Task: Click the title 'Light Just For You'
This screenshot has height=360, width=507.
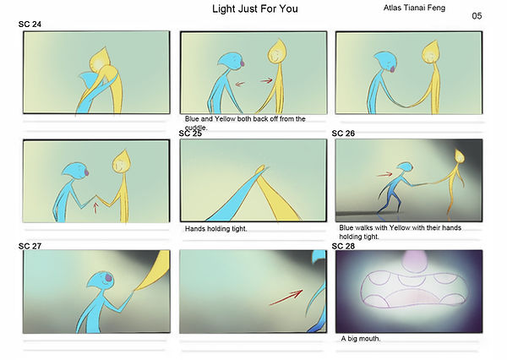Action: pyautogui.click(x=255, y=8)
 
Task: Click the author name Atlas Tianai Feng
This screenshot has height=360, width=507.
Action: pyautogui.click(x=414, y=8)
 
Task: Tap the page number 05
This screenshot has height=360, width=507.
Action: pyautogui.click(x=477, y=16)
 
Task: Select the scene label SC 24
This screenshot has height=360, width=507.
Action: pyautogui.click(x=30, y=25)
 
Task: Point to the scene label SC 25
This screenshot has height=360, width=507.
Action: pyautogui.click(x=190, y=134)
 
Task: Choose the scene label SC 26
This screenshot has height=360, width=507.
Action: pyautogui.click(x=343, y=134)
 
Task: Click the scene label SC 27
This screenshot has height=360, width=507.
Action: pyautogui.click(x=30, y=246)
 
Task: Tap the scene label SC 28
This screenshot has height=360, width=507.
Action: pyautogui.click(x=343, y=246)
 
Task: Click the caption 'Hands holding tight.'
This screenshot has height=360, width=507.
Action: pyautogui.click(x=215, y=229)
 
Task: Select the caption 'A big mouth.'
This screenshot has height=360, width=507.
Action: pyautogui.click(x=361, y=339)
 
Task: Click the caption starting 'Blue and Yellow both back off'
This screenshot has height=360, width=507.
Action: pyautogui.click(x=245, y=123)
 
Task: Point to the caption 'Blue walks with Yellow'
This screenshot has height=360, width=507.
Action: pyautogui.click(x=400, y=232)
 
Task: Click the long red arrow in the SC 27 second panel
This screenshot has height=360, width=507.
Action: pyautogui.click(x=286, y=297)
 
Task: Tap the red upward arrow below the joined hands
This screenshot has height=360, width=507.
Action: pyautogui.click(x=95, y=207)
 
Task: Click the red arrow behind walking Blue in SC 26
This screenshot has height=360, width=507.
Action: pyautogui.click(x=384, y=175)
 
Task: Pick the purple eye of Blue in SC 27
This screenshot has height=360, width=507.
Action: pyautogui.click(x=109, y=277)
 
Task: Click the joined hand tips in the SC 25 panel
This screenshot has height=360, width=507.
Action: pyautogui.click(x=260, y=169)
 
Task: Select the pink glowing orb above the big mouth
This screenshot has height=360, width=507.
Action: pyautogui.click(x=415, y=260)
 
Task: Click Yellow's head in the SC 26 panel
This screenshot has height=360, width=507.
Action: pyautogui.click(x=460, y=155)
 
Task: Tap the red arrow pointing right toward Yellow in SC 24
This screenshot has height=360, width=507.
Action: pyautogui.click(x=266, y=80)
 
